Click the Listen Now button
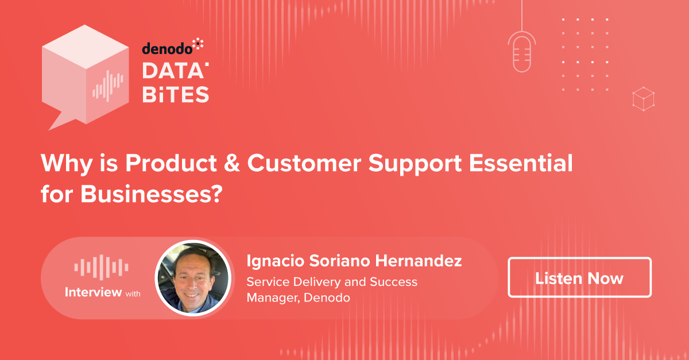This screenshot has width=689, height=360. [579, 277]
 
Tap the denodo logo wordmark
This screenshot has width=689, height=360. [173, 47]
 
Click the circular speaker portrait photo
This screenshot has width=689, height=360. [193, 278]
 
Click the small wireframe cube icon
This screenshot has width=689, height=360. [643, 99]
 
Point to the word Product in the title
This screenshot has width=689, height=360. [171, 162]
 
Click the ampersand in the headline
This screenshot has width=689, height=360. [231, 162]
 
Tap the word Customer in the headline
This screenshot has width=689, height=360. [304, 162]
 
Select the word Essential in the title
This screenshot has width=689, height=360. [521, 162]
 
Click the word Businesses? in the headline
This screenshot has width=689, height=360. [151, 194]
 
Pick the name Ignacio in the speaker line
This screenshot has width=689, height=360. [275, 261]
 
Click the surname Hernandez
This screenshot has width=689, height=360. [419, 261]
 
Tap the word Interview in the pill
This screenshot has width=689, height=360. [93, 292]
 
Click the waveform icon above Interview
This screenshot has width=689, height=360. [101, 267]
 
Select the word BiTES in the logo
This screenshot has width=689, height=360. [176, 94]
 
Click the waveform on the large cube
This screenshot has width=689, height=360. [108, 86]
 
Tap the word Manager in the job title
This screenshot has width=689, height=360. [273, 298]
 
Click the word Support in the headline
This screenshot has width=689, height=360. [415, 164]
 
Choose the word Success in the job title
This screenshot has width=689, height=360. [393, 282]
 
